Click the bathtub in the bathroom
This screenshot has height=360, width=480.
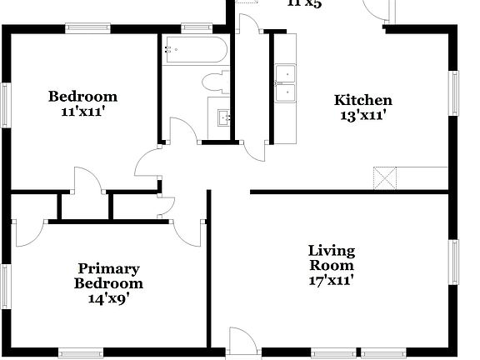pos(193,50)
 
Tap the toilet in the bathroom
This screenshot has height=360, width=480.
pos(215,83)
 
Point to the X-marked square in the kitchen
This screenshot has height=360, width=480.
pos(384,177)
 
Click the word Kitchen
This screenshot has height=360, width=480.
pos(362,101)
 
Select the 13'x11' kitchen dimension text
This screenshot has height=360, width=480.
pos(362,116)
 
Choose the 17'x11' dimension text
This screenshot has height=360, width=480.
pos(331,281)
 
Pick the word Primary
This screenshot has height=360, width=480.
pos(109,268)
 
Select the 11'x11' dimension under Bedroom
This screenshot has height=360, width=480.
pos(82,111)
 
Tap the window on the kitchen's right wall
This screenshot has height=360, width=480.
pos(454,91)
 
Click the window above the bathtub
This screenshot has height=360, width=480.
pos(196,27)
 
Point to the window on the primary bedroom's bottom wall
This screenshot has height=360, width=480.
pos(81,352)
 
